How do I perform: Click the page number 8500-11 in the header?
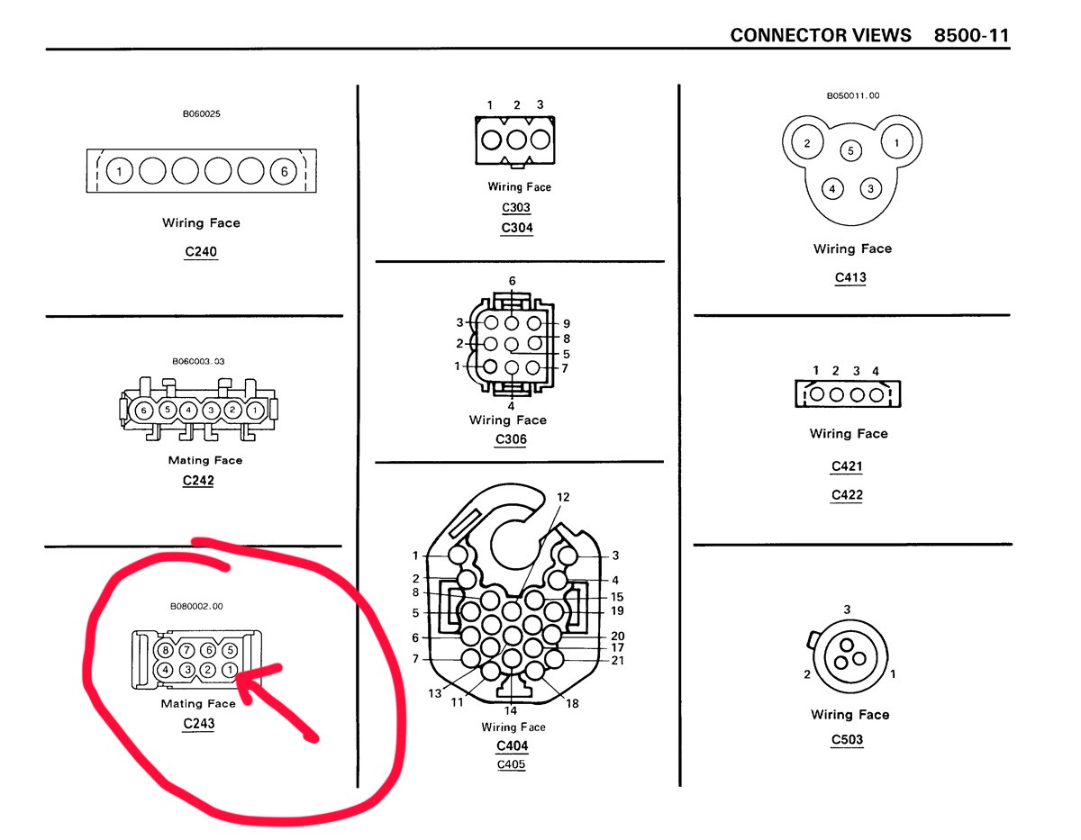click(971, 35)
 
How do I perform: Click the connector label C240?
click(201, 251)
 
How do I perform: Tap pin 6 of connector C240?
click(284, 171)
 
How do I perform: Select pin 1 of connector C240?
click(120, 171)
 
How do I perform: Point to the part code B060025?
click(202, 113)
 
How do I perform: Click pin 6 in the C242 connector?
click(144, 411)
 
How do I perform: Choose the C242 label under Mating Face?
click(198, 481)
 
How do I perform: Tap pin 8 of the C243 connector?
click(166, 650)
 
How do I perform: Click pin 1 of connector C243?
click(230, 670)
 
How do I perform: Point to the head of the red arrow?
click(237, 674)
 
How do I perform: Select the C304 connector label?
click(517, 228)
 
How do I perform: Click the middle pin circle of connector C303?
click(516, 140)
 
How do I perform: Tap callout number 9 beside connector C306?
click(566, 323)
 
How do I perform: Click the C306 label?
click(511, 439)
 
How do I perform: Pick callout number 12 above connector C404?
click(563, 497)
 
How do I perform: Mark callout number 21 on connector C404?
click(617, 661)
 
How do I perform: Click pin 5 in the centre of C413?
click(850, 150)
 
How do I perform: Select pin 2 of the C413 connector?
click(807, 143)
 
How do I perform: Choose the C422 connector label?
click(847, 495)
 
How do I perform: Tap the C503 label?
click(847, 739)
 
